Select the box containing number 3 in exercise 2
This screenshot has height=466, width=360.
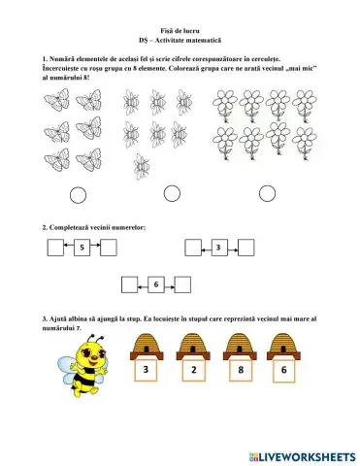tap(219, 249)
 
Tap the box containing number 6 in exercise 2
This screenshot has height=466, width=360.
tap(155, 284)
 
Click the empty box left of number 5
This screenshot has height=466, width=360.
tap(55, 249)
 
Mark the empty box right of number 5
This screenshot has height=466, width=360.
tap(109, 249)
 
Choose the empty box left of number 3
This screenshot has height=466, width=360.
tap(192, 249)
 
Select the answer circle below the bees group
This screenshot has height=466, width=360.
tap(172, 194)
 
